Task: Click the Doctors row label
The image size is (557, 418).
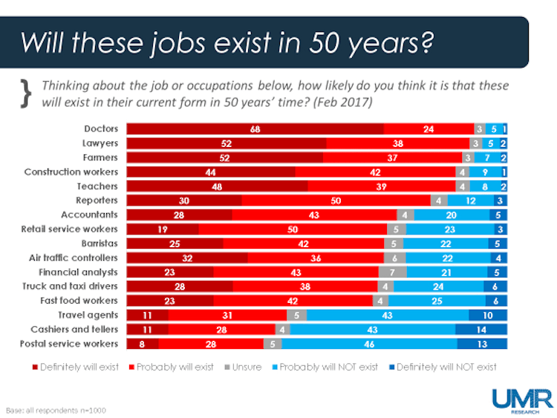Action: click(102, 129)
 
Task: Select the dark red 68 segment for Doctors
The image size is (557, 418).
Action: click(255, 129)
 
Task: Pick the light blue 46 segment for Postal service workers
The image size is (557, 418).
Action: click(368, 344)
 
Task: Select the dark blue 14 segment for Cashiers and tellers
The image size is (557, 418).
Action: click(481, 329)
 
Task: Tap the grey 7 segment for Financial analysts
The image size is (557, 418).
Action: click(391, 272)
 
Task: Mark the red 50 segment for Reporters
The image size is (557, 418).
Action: click(336, 200)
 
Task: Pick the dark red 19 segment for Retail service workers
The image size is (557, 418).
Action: click(163, 229)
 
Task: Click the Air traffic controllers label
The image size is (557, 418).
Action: click(71, 258)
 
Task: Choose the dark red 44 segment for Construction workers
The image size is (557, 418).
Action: click(211, 172)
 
